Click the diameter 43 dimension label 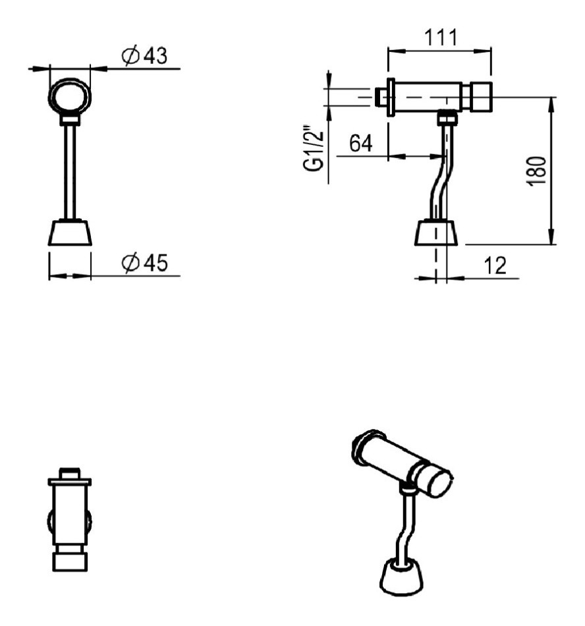tap(144, 57)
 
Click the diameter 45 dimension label tap(145, 264)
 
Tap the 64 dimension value tap(360, 145)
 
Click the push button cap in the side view tap(480, 96)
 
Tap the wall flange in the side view tap(390, 97)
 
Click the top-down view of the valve tap(69, 521)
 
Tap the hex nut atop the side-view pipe tap(447, 119)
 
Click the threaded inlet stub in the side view tap(380, 97)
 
